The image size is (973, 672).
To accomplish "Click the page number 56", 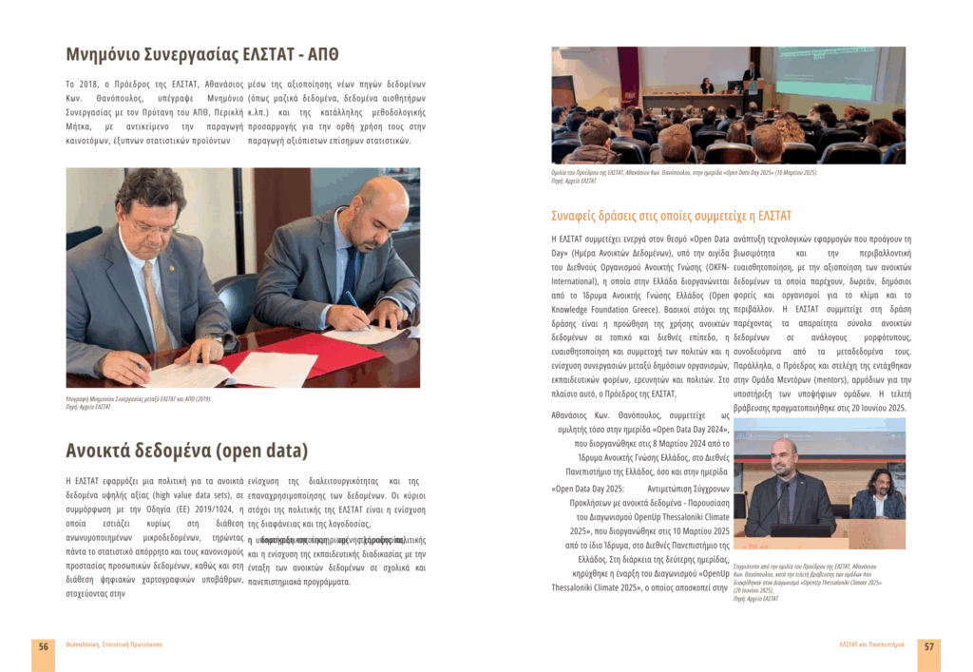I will tap(44, 646).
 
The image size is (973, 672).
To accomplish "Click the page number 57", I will tap(928, 646).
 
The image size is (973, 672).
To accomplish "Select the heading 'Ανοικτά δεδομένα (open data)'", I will tap(186, 451).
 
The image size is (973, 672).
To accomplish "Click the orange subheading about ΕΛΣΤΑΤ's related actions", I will tap(671, 216).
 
